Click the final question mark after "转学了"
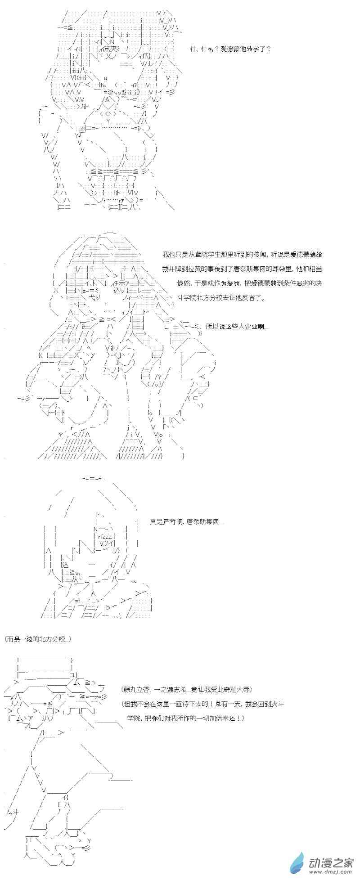tap(268, 49)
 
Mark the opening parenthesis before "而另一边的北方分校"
tap(5, 639)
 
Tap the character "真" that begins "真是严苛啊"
tap(153, 522)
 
